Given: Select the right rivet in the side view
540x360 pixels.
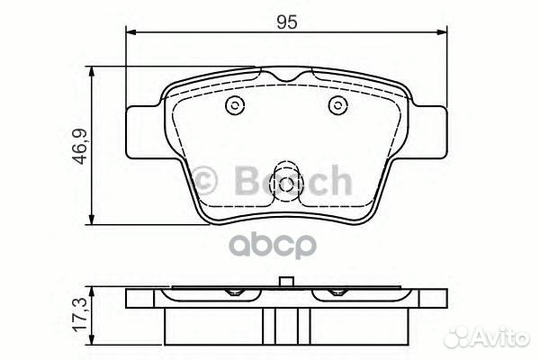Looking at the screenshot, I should (x=337, y=292).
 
